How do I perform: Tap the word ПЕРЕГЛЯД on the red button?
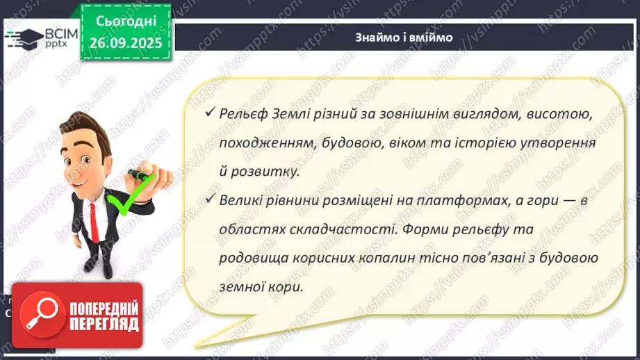101,325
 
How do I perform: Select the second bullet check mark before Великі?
209,199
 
